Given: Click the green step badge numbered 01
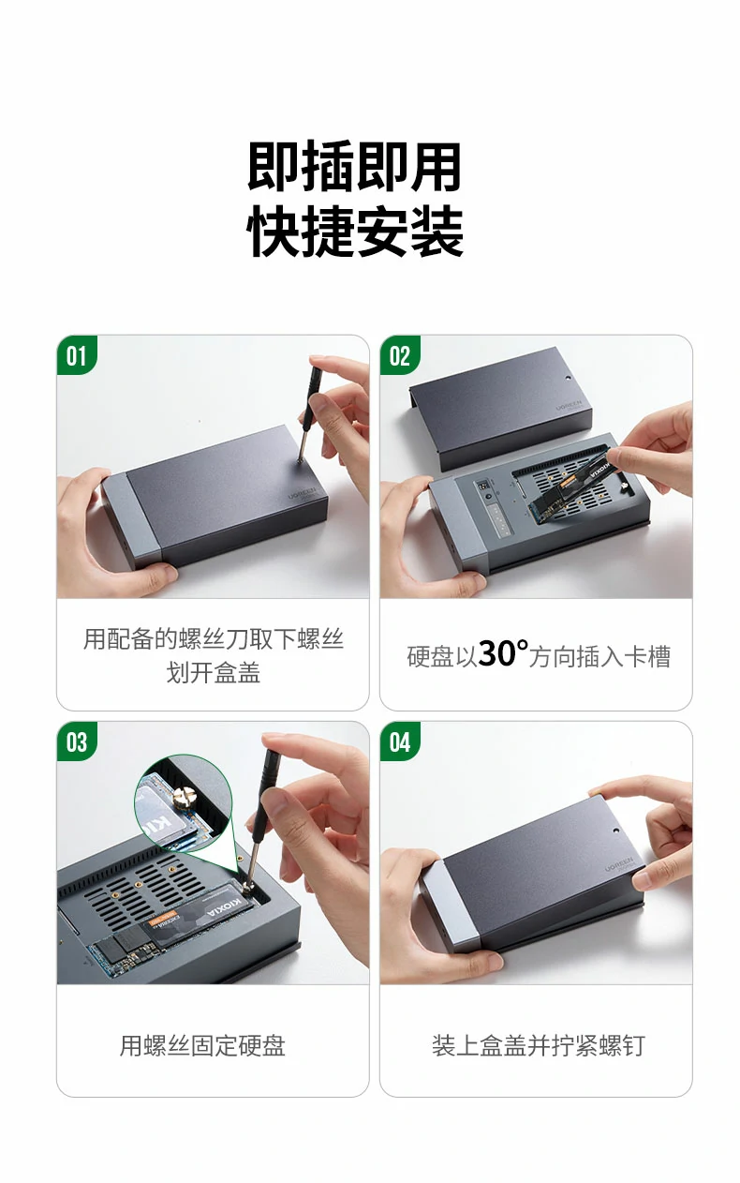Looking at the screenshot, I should (76, 355).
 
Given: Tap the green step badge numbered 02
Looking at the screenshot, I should (400, 355).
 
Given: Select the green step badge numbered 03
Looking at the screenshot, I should (76, 741).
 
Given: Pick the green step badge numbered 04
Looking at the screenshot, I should (400, 741).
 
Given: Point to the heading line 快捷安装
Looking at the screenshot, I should (355, 232).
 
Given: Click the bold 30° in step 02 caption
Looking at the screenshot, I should (502, 653).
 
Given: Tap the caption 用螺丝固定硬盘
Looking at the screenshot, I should (202, 1045).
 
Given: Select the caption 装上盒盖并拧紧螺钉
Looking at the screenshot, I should (538, 1045).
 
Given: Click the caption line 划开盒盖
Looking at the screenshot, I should (213, 673).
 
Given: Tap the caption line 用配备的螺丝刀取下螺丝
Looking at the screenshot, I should (213, 639).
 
